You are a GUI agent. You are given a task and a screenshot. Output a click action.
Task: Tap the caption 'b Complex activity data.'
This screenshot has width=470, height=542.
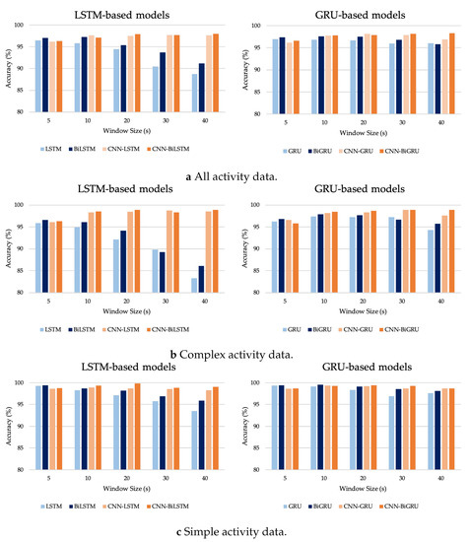click(235, 352)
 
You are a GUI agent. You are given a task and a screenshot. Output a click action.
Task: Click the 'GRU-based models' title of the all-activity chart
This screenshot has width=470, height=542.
click(353, 10)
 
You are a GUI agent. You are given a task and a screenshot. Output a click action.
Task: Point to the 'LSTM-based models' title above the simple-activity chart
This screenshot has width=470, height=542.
click(118, 369)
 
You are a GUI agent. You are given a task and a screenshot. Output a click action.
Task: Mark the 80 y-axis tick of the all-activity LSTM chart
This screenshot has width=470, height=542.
click(29, 112)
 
